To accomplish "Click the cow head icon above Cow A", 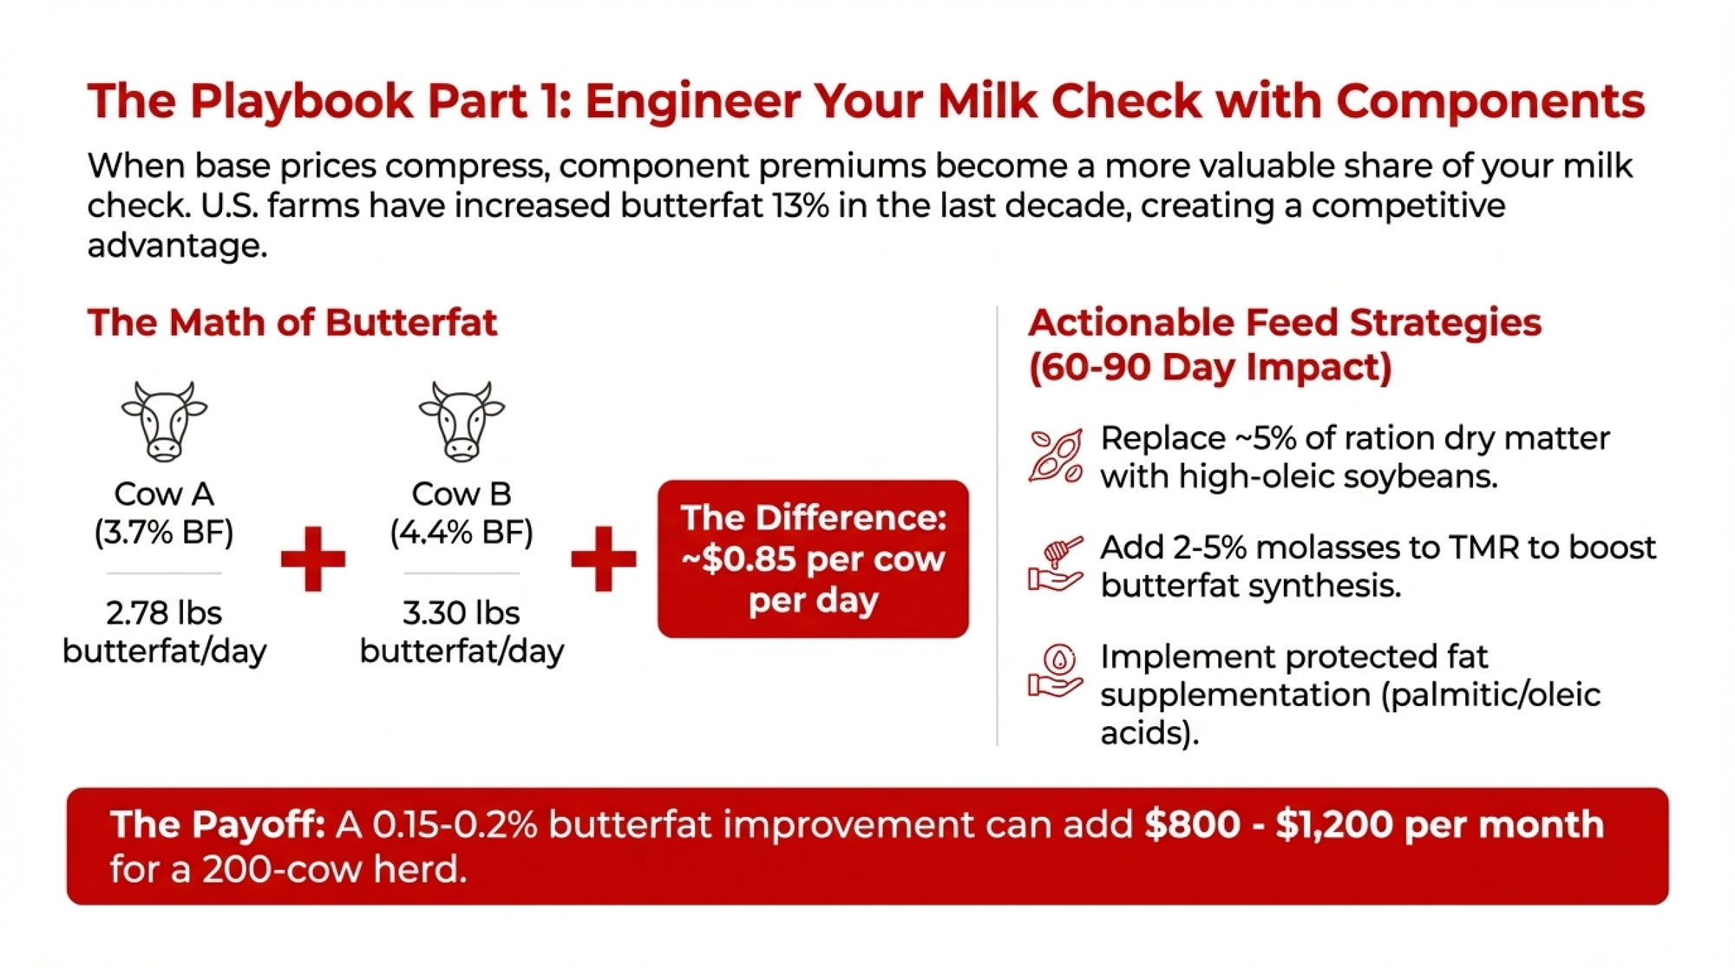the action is coord(164,421).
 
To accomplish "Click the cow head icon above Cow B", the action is coord(462,421).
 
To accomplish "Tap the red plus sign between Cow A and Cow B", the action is coord(313,559).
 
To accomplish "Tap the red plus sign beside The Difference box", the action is coord(604,559).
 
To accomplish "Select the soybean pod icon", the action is coord(1056,455).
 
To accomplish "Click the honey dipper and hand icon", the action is coord(1056,565).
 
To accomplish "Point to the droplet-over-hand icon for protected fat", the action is coord(1056,671).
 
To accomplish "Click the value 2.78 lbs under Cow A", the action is coord(164,613).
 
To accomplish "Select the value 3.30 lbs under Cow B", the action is coord(462,613).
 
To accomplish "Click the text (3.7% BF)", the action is coord(164,532).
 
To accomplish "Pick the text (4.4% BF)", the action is coord(462,532).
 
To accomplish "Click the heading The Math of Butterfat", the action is coord(292,323).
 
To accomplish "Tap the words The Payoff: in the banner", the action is coord(218,825).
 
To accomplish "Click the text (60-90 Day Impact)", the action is coord(1210,368).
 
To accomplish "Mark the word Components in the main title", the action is coord(1490,102).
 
